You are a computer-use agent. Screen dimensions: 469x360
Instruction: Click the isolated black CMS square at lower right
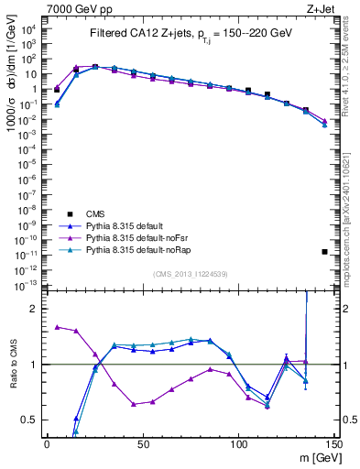coord(325,251)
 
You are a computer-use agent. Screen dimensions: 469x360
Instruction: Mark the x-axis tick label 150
coord(334,444)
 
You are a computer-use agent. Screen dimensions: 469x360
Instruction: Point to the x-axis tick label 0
coord(47,444)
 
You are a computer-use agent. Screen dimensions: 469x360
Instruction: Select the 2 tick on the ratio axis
coord(35,309)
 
